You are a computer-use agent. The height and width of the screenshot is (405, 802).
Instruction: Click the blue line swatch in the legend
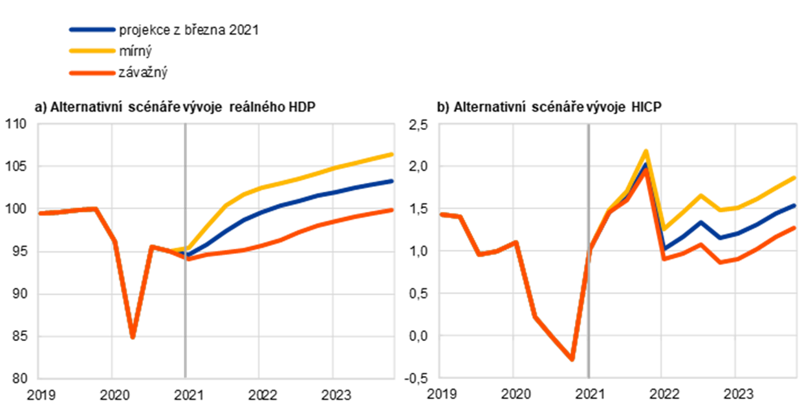[92, 30]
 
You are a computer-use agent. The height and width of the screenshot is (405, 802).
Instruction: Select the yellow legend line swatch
[92, 50]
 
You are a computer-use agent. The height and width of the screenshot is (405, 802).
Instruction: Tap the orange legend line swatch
[92, 73]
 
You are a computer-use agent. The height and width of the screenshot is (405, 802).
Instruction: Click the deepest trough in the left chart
[133, 337]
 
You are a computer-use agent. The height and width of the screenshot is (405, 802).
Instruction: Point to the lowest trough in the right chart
[572, 360]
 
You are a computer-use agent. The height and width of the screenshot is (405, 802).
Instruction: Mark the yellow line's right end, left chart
[392, 154]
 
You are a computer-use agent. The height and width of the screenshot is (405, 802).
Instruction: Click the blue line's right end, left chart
[392, 181]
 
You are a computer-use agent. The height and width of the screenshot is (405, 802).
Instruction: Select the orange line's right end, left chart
[392, 211]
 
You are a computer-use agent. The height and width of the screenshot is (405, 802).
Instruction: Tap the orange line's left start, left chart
[40, 213]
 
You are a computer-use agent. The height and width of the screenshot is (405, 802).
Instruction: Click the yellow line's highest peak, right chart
[645, 151]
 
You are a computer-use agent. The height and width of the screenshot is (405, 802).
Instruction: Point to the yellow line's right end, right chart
[794, 176]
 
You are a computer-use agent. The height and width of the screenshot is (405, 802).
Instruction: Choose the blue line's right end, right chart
[794, 205]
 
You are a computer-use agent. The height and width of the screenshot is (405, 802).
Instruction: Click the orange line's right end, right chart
[794, 227]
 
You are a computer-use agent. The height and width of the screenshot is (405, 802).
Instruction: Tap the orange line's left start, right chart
[442, 214]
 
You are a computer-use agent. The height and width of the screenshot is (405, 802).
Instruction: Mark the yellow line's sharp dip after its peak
[665, 229]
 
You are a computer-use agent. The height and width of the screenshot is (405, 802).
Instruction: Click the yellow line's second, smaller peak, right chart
[700, 194]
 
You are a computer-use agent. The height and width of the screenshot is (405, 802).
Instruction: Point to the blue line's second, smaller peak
[700, 222]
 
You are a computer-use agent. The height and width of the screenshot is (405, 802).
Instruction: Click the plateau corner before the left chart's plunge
[96, 209]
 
